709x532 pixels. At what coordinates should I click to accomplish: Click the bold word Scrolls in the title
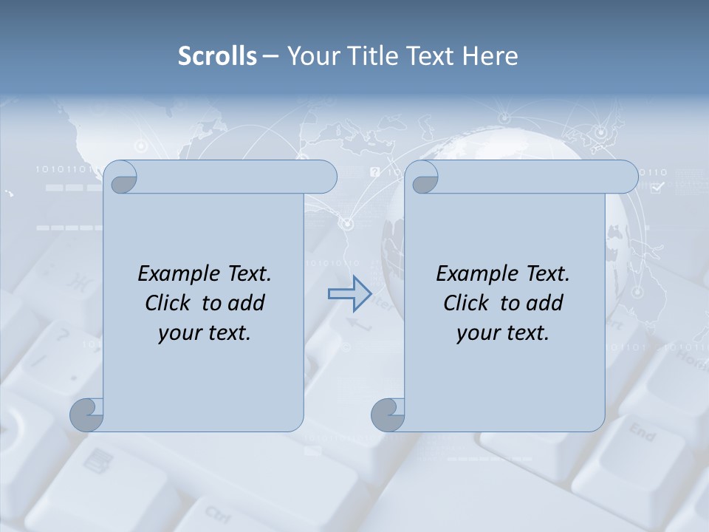(217, 56)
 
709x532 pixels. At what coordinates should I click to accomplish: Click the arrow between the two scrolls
(349, 294)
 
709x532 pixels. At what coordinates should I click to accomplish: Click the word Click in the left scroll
(170, 303)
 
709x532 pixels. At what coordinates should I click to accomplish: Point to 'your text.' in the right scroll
(502, 332)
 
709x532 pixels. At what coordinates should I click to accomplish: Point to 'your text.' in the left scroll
(205, 332)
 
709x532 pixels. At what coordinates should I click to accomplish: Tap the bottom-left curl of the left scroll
(87, 415)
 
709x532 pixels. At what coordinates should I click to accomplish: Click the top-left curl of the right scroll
(423, 177)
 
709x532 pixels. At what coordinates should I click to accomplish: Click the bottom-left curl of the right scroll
(387, 415)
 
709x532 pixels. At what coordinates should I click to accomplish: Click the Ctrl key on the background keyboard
(217, 514)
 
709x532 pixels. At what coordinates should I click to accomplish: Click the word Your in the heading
(311, 56)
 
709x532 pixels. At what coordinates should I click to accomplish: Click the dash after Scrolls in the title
(270, 56)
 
